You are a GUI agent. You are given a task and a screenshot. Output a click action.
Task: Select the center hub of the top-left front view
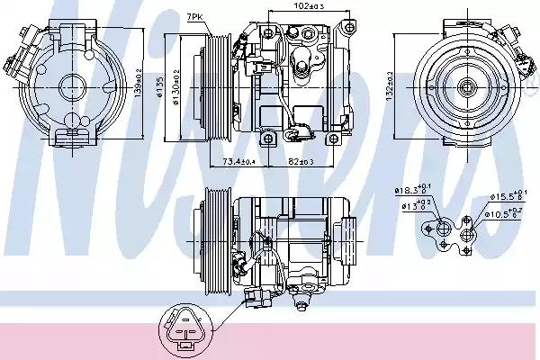coord(68,86)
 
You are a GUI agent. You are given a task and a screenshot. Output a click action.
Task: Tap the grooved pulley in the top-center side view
coord(218,83)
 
